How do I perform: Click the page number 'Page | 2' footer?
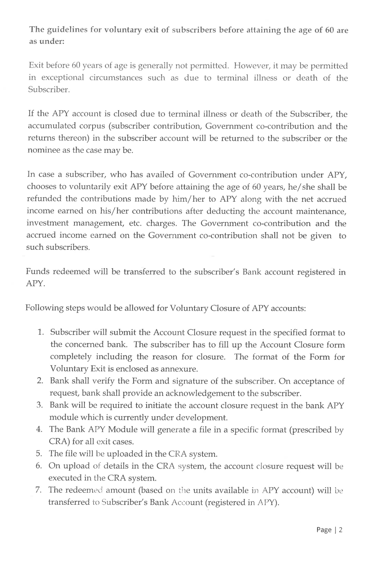329,530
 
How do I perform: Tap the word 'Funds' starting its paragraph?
38,272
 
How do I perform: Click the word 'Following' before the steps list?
44,308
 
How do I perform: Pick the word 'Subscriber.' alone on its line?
49,90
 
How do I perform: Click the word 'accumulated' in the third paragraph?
51,126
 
